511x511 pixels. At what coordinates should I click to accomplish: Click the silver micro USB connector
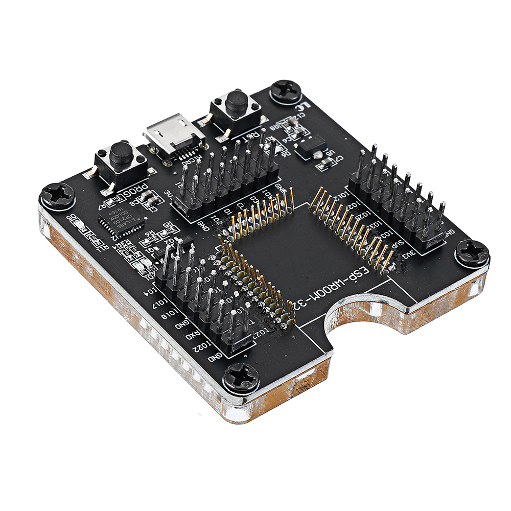(x=174, y=134)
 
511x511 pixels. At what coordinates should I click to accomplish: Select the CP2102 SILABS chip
(x=121, y=221)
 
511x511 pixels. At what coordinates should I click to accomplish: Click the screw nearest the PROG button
(x=57, y=195)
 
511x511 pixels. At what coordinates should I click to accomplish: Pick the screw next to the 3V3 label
(x=472, y=252)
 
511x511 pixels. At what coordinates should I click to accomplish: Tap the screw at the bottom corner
(x=241, y=378)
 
